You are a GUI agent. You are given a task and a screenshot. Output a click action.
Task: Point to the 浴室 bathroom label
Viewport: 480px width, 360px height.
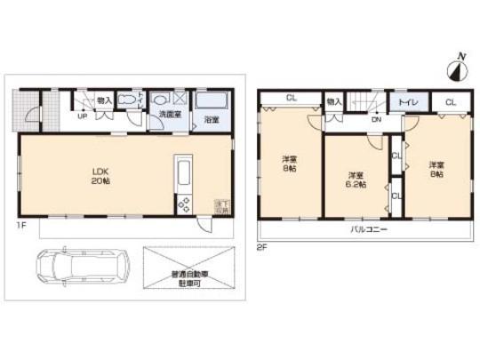click(212, 119)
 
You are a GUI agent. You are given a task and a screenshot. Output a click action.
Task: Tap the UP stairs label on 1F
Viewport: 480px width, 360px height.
click(83, 116)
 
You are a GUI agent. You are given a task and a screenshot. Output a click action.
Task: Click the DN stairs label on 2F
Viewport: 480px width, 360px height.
click(376, 119)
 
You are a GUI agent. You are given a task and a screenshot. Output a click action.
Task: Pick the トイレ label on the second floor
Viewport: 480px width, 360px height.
click(408, 103)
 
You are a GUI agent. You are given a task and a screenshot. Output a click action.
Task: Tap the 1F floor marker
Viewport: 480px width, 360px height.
click(20, 227)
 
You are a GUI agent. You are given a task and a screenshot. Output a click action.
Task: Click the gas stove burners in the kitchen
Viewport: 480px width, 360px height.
click(184, 204)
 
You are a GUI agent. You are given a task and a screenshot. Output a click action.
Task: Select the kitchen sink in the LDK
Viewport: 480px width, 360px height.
click(184, 171)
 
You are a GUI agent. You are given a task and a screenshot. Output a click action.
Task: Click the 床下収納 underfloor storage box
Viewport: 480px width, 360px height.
click(220, 206)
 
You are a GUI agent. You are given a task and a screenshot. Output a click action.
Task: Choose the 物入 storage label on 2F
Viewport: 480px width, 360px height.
click(334, 102)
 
